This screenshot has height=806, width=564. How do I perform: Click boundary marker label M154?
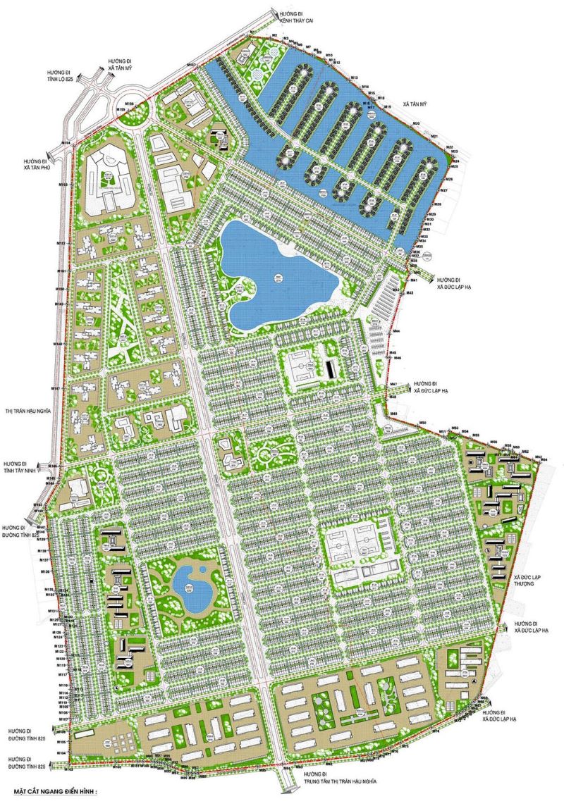pos(65,143)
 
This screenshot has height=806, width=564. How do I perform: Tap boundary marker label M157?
pos(191,66)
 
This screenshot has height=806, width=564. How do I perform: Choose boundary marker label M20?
pos(417,124)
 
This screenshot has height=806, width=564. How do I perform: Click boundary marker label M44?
pos(396,331)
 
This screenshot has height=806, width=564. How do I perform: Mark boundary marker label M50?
pos(423,422)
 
